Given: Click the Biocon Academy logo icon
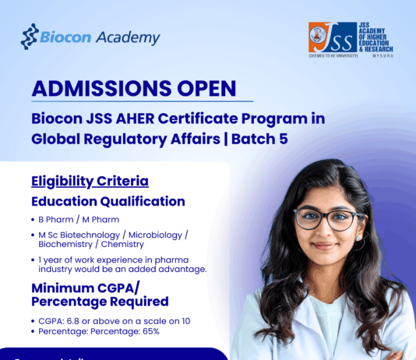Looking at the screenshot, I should click(30, 37).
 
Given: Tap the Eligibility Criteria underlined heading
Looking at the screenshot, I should click(90, 181).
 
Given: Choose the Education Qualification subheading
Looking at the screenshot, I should click(108, 201).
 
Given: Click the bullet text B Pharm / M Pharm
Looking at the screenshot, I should click(73, 220).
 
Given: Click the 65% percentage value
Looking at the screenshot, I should click(150, 331).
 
